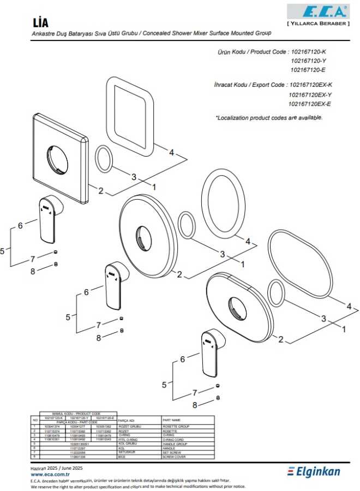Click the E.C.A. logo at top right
click(x=319, y=12)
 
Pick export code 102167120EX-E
click(x=309, y=104)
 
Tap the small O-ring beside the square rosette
click(x=104, y=159)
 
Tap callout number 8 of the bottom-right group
click(x=194, y=405)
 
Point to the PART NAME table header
click(x=173, y=420)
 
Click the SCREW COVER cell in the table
click(x=174, y=457)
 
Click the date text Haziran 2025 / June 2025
click(x=56, y=468)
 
